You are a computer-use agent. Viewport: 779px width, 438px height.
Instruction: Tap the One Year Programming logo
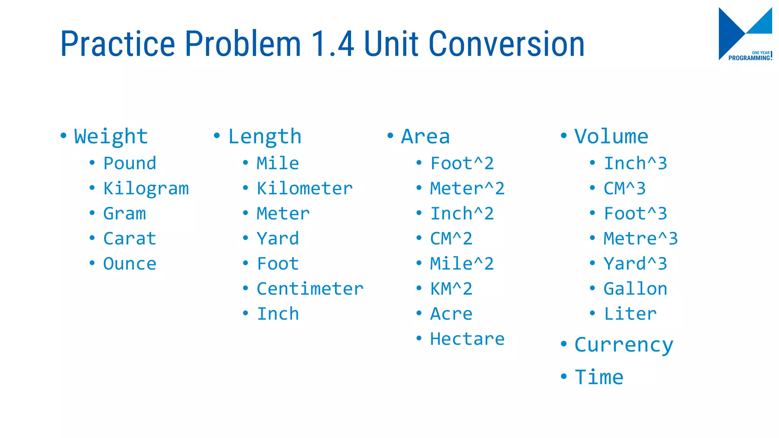coord(745,34)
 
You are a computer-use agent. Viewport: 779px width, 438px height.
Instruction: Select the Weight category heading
coord(111,136)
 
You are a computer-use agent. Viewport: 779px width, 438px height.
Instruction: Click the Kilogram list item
coord(146,189)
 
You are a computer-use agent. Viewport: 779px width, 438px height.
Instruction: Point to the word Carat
coord(130,239)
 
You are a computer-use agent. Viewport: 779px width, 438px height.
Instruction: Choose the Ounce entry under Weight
coord(130,264)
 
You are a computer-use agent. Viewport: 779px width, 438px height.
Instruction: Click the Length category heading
coord(265,136)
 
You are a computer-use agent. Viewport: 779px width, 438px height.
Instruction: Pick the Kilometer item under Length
coord(305,189)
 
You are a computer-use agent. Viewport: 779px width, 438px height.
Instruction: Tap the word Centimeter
coord(310,289)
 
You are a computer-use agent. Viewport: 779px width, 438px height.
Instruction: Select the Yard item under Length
coord(278,239)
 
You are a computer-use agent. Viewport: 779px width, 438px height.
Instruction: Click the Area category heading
coord(425,136)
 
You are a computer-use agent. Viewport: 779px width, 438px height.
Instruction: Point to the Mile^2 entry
coord(462,264)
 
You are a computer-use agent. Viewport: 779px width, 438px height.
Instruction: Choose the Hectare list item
coord(467,339)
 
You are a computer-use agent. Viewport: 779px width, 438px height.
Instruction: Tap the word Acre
coord(451,314)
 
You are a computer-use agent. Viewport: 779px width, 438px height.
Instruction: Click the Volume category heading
coord(611,136)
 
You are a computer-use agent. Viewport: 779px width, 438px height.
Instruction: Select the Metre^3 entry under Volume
coord(641,239)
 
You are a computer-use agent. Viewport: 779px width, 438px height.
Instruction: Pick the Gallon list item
coord(635,289)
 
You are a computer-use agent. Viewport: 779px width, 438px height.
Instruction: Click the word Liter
coord(630,314)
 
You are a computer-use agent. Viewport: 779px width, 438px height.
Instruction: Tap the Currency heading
coord(624,345)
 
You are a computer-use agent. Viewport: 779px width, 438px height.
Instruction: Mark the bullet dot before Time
coord(564,376)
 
